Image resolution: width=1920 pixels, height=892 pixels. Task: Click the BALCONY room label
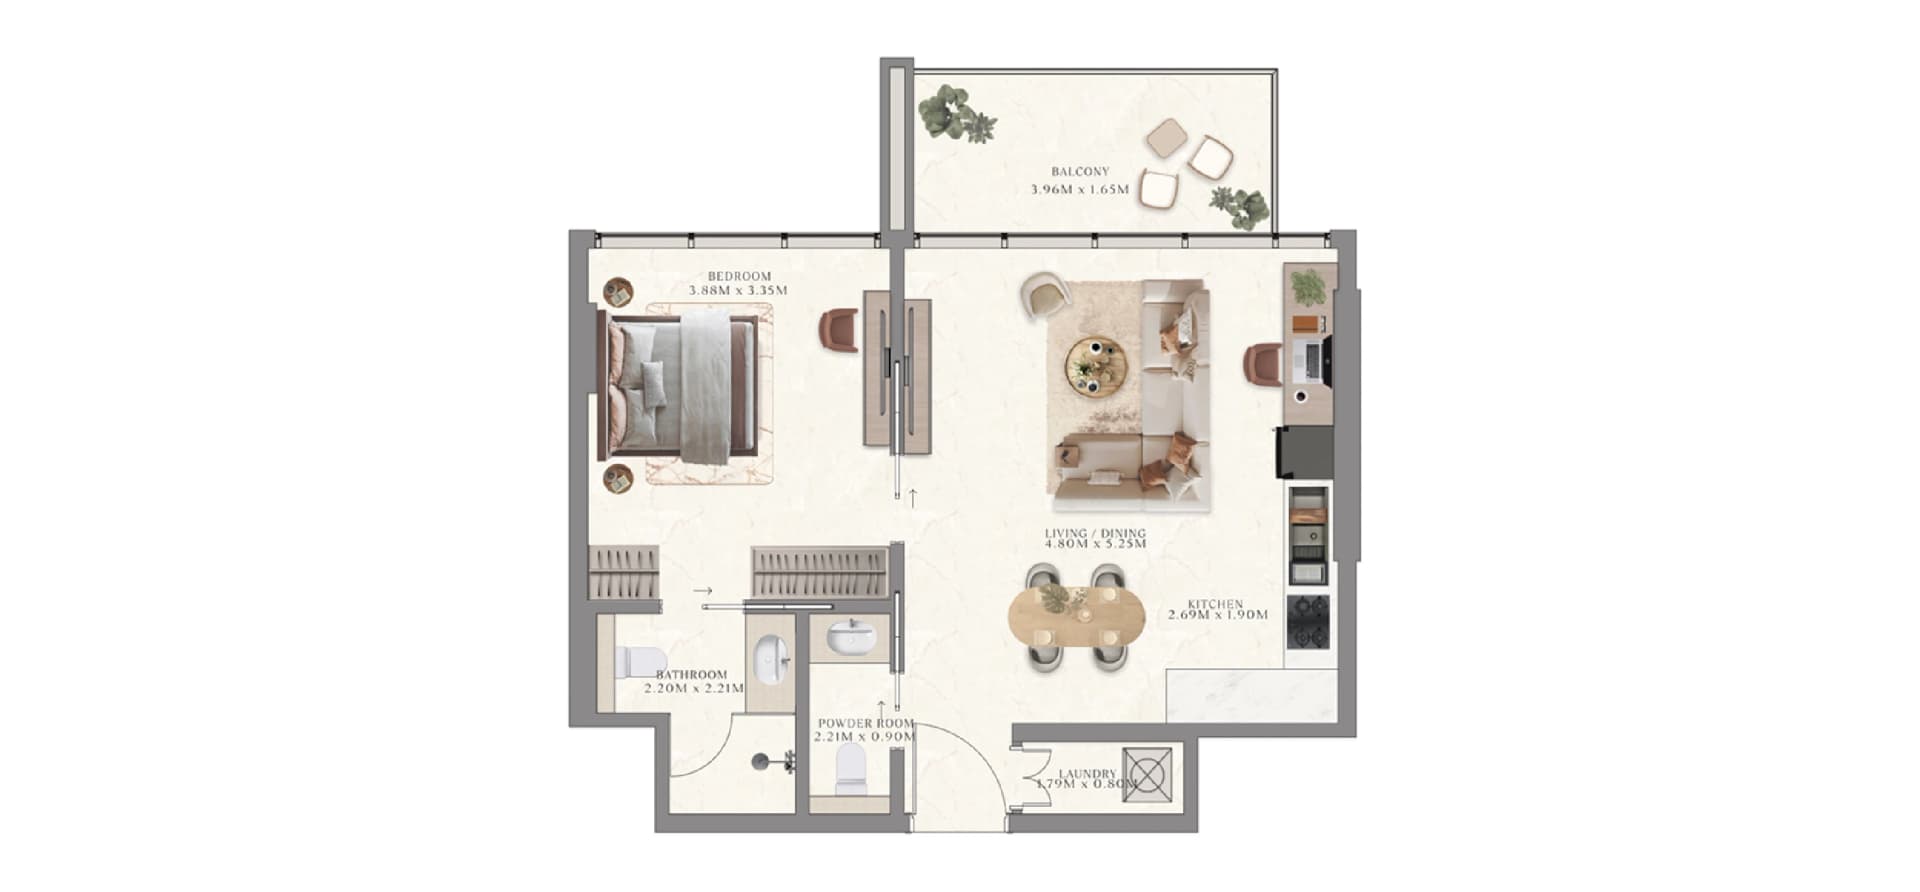coord(1080,172)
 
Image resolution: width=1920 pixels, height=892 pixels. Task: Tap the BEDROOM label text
coord(739,277)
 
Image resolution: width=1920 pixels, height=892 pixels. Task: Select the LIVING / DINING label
coord(1095,534)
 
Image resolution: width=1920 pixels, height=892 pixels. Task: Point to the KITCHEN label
coord(1215,604)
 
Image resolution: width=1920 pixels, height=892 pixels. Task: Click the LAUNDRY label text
coord(1087,774)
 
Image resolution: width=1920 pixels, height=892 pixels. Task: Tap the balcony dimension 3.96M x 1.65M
coord(1080,189)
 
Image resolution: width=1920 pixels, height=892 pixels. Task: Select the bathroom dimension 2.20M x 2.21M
coord(700,688)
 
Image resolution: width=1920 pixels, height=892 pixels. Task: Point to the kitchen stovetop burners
coord(1309,622)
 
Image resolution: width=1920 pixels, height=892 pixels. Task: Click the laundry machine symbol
coord(1146,773)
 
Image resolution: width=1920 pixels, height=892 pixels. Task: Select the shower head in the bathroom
coord(764,761)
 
